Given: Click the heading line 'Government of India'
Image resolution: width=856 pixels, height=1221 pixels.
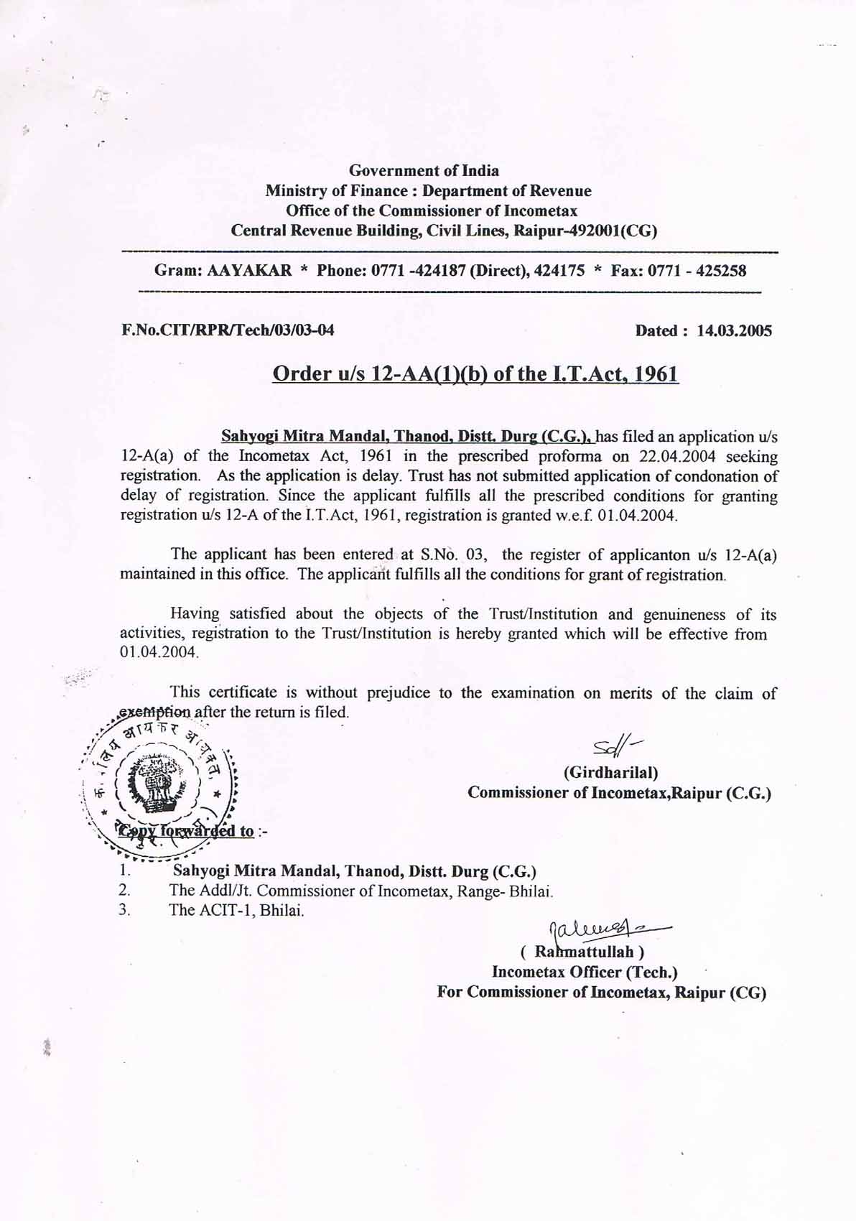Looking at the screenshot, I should click(x=424, y=171).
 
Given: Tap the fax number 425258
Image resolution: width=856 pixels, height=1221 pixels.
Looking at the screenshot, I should click(x=721, y=271).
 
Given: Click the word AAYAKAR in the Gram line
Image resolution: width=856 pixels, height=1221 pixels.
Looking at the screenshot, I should click(x=249, y=271).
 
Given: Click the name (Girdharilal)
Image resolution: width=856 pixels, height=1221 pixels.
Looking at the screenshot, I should click(x=610, y=773).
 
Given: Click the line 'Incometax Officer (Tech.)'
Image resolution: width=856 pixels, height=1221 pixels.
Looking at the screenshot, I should click(x=585, y=972).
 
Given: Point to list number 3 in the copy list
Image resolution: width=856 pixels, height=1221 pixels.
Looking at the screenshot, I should click(x=124, y=911).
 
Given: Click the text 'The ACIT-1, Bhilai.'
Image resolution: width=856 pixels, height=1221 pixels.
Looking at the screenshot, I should click(x=236, y=911).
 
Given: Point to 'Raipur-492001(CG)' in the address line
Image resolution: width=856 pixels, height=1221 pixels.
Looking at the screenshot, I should click(x=585, y=231).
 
